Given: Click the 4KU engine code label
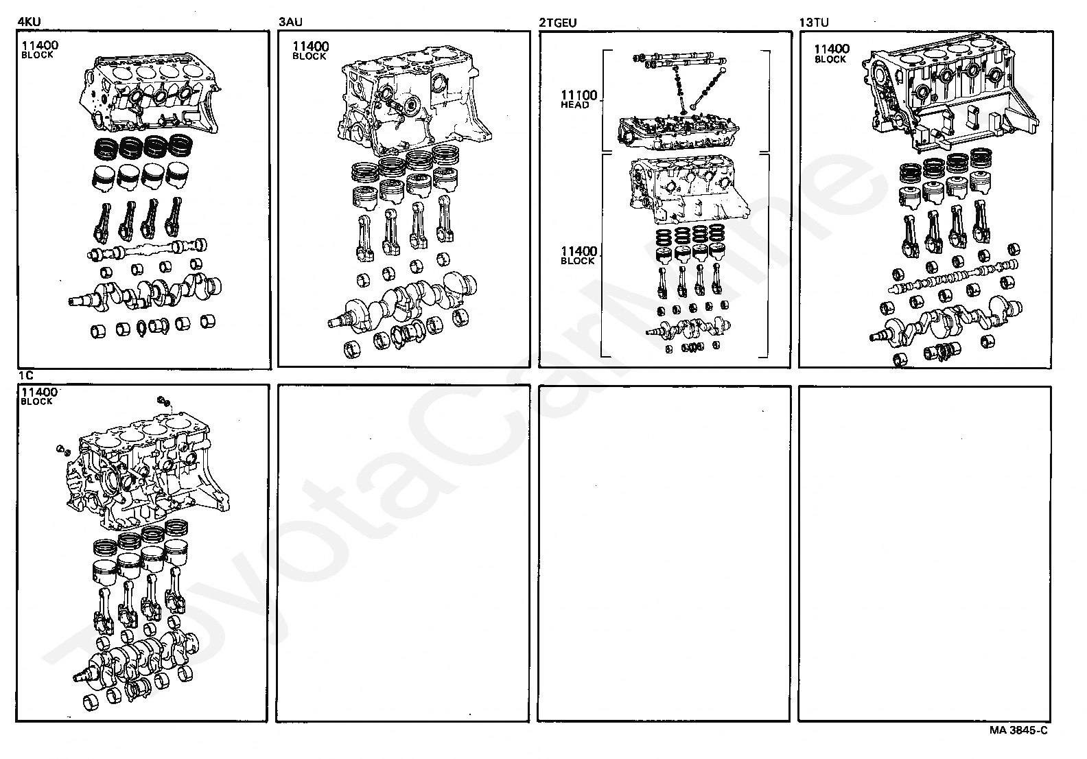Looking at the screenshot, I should tap(29, 22).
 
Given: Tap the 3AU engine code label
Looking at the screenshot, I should tap(290, 22).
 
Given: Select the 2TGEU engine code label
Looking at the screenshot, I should tap(558, 22).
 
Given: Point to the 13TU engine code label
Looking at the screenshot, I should tap(814, 22).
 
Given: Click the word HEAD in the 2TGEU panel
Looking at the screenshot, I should tap(575, 106).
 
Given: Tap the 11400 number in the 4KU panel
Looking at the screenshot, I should tap(40, 45).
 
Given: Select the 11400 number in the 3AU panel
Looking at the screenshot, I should tap(311, 47).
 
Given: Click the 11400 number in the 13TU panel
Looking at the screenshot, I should tap(832, 49).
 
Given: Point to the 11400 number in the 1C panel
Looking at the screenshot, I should tap(39, 392).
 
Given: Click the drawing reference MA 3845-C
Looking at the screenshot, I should tap(1018, 730).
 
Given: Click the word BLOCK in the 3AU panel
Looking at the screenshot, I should tap(309, 56).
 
